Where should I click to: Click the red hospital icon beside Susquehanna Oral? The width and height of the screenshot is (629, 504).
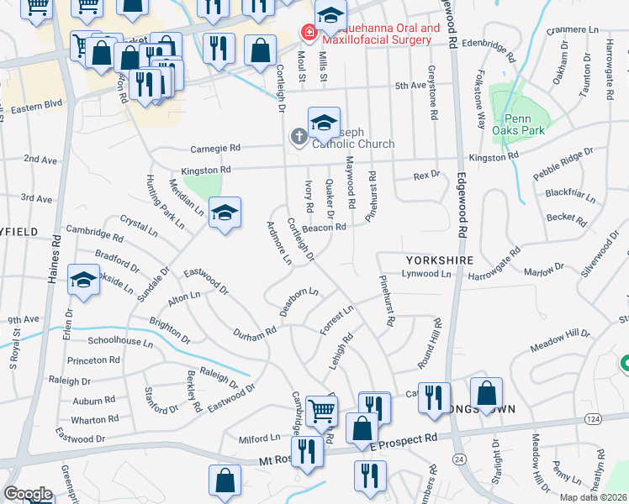309,34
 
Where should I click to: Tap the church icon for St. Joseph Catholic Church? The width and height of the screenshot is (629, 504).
299,136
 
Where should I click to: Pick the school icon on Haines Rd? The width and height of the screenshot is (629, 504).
84,282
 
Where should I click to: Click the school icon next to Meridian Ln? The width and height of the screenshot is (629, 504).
225,213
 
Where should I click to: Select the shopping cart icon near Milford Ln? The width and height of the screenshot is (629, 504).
321,411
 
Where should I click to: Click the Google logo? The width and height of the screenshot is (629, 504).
28,494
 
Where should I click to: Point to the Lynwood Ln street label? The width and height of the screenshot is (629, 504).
426,274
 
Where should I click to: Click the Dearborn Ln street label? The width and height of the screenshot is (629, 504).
299,299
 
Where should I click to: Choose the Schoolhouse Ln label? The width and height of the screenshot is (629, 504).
120,343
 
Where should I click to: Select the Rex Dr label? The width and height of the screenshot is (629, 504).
426,176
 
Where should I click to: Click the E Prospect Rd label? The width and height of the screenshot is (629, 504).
404,440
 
